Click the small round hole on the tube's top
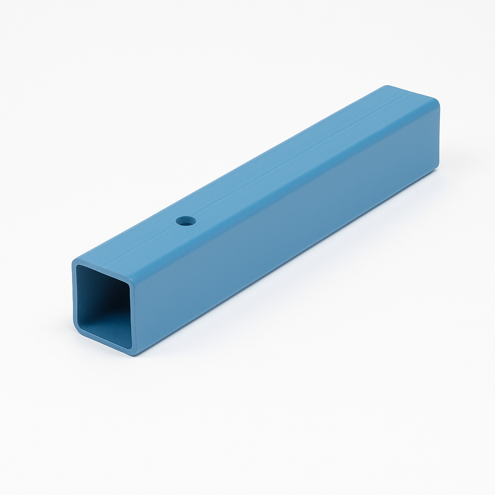click(x=186, y=221)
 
